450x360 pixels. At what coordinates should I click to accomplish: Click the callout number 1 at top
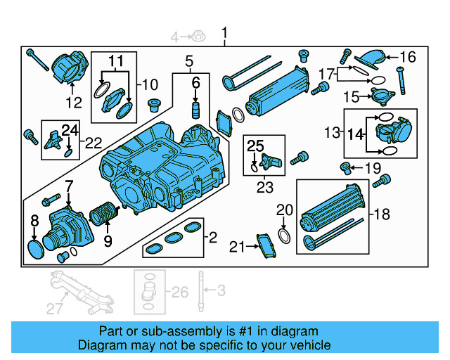225,32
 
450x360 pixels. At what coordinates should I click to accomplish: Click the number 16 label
409,57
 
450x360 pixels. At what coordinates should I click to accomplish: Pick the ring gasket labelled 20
283,233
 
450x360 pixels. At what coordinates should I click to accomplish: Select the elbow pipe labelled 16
370,60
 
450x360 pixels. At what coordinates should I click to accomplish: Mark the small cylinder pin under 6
197,110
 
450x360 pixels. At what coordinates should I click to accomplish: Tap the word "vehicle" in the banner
310,345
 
